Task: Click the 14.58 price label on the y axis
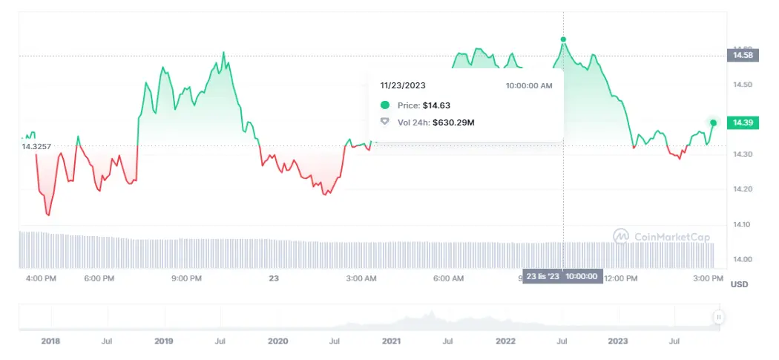coord(743,55)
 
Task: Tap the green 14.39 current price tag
coord(743,122)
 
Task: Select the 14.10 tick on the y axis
coord(742,224)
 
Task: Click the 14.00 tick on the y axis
coord(742,259)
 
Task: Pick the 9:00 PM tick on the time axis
coord(186,278)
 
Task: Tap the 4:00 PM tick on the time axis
coord(41,278)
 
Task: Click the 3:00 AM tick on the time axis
coord(361,278)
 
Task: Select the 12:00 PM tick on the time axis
coord(620,278)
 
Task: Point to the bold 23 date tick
coord(273,278)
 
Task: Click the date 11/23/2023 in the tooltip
coord(402,86)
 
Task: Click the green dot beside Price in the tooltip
coord(384,105)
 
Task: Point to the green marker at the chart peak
coord(563,39)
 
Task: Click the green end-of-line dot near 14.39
coord(713,122)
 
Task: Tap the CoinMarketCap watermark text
coord(665,237)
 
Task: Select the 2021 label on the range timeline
coord(391,341)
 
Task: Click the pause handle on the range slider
coord(718,317)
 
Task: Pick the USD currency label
coord(739,284)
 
